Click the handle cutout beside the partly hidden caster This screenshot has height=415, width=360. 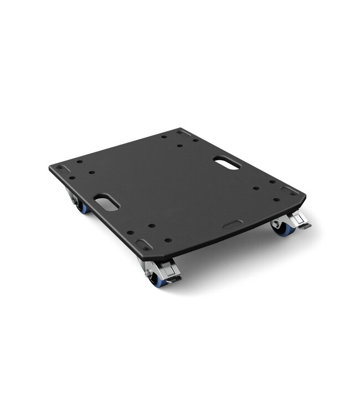pyautogui.click(x=106, y=202)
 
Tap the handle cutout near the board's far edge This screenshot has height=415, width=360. pyautogui.click(x=227, y=163)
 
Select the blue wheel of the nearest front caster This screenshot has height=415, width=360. pyautogui.click(x=157, y=281)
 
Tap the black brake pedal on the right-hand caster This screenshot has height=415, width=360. pyautogui.click(x=304, y=226)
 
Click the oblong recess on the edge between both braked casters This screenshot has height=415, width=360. pyautogui.click(x=232, y=225)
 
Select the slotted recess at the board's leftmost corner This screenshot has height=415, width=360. pyautogui.click(x=63, y=168)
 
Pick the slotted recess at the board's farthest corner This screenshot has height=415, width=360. pyautogui.click(x=184, y=133)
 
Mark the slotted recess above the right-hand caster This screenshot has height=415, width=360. pyautogui.click(x=289, y=190)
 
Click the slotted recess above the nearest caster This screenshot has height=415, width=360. pyautogui.click(x=142, y=243)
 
